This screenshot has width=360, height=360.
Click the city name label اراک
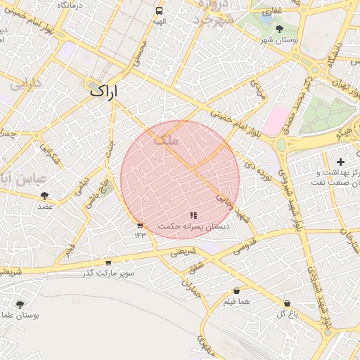coord(104,91)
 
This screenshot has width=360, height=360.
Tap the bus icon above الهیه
coord(160,11)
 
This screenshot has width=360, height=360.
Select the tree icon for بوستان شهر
coord(280,29)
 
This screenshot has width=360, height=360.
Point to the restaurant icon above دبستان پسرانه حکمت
coord(193,214)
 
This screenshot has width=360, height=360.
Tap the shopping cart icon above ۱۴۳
coord(139,225)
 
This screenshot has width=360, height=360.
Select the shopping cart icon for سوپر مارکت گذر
coord(108,262)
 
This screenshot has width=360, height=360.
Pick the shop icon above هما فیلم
coord(236,290)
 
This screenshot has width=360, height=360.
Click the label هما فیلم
coord(236,302)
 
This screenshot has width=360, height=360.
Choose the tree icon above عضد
coord(45,195)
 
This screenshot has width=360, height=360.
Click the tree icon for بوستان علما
coord(19,304)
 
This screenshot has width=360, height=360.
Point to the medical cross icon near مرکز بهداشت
coord(340,162)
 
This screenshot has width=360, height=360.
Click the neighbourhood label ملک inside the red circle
coord(167,140)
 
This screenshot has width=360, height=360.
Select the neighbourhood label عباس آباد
coord(25,179)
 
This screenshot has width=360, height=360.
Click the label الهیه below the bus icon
coord(160,22)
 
